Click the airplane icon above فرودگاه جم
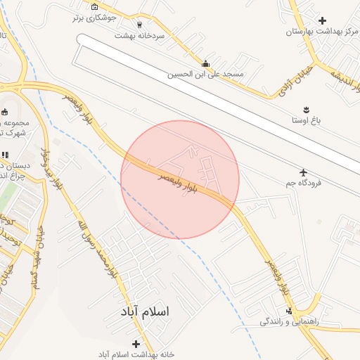click(x=303, y=172)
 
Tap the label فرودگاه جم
click(x=303, y=183)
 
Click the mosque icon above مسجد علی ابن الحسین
click(x=205, y=63)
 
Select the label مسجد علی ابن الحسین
click(x=205, y=74)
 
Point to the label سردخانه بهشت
click(x=140, y=34)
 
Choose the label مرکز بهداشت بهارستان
click(x=322, y=32)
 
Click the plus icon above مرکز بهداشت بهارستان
click(x=323, y=21)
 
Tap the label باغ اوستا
click(x=307, y=120)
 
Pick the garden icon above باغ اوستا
click(x=307, y=110)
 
